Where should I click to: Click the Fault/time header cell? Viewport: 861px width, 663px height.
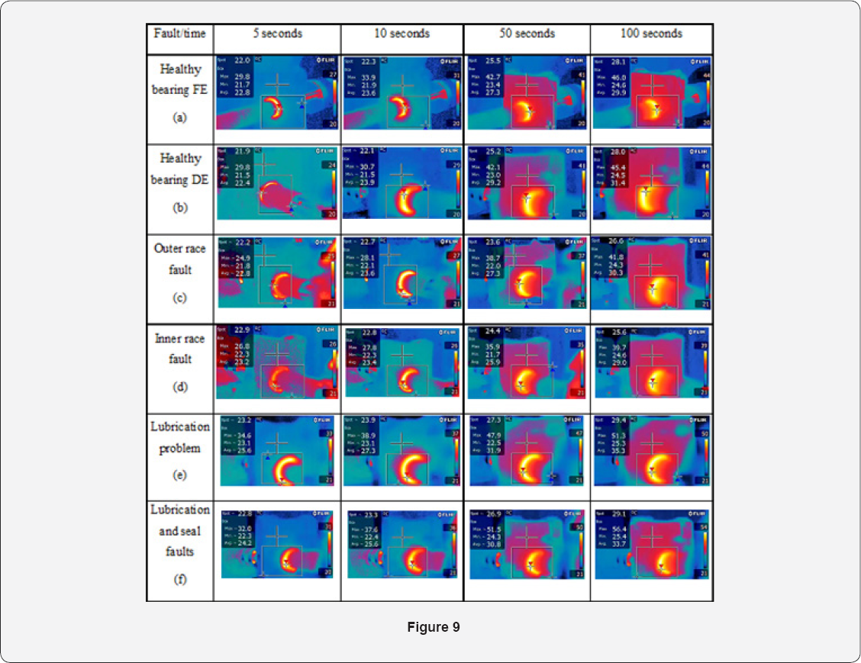[179, 34]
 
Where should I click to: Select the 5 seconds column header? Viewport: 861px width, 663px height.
[277, 34]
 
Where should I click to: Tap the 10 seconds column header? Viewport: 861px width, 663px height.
[402, 34]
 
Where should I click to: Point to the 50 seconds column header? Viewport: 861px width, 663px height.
[527, 34]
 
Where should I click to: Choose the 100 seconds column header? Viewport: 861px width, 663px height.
[651, 34]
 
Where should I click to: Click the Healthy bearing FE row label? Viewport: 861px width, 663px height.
[180, 79]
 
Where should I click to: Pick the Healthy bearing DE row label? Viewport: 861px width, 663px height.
[180, 169]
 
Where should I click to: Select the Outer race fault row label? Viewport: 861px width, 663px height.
[179, 259]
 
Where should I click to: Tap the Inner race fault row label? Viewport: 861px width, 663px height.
[180, 349]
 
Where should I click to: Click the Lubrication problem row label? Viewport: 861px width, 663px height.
[179, 437]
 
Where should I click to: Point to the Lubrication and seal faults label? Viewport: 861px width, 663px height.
[179, 530]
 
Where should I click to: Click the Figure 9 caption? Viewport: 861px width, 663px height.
[433, 627]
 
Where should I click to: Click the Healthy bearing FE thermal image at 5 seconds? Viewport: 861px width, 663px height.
[277, 92]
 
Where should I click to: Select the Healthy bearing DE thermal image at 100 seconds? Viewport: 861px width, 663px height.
[651, 182]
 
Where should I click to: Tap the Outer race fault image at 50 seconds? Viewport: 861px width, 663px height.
[527, 272]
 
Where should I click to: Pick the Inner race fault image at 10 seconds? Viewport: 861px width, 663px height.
[402, 362]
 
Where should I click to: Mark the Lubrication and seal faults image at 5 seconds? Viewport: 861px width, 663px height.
[277, 543]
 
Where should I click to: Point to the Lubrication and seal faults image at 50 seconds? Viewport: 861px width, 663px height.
[527, 543]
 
